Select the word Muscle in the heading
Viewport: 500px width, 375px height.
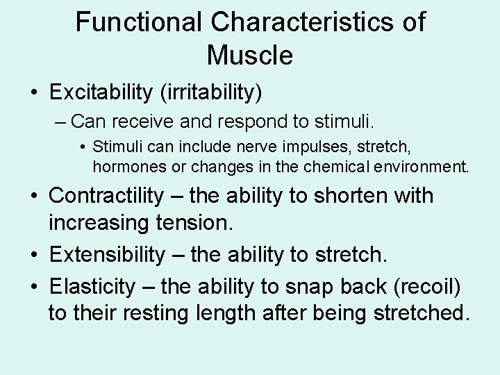250,55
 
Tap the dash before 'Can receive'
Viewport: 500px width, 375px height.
59,122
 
